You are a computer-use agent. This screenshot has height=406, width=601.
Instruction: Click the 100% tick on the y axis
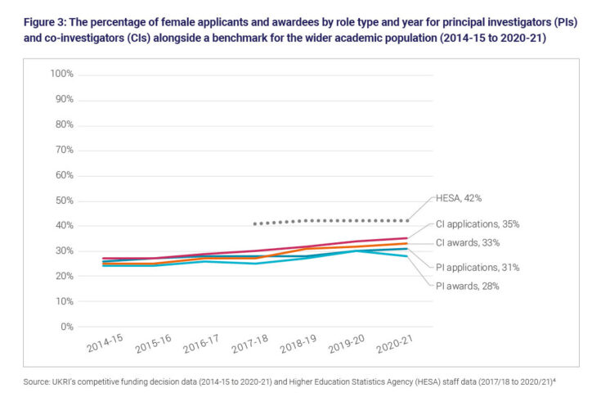pos(62,74)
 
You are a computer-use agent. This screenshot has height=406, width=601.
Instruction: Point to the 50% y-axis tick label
pos(64,201)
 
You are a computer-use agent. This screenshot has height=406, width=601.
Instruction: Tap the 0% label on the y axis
pos(67,327)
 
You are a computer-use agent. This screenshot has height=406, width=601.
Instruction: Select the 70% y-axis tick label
pos(64,150)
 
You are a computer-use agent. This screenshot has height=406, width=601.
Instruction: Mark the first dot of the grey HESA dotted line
pos(255,223)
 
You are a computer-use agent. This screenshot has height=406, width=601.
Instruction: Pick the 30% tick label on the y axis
pos(64,251)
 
